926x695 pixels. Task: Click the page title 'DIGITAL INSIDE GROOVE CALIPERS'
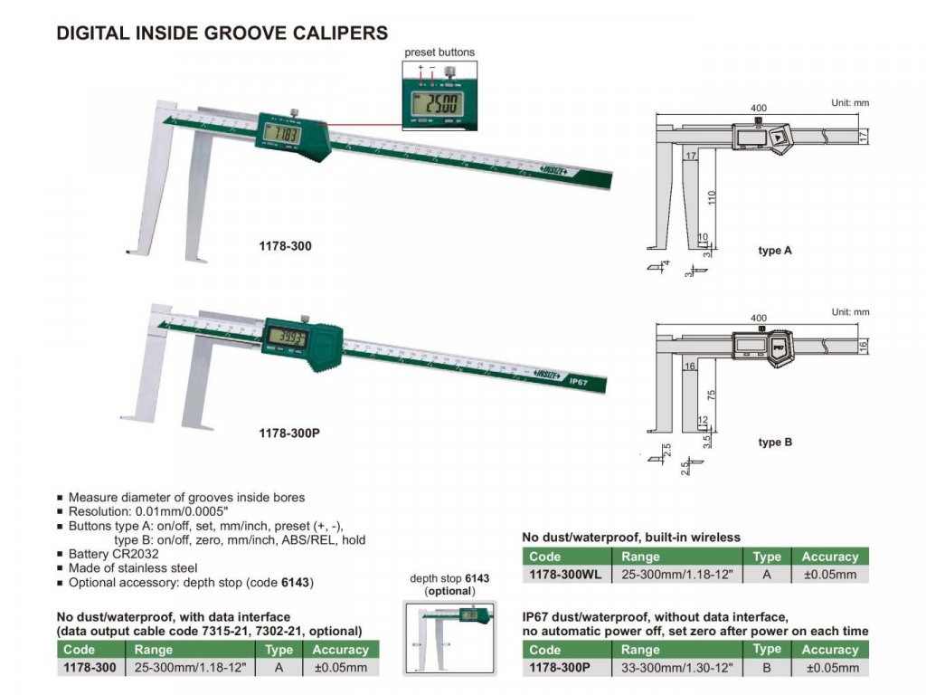(x=222, y=33)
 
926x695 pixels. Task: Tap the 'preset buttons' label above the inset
(x=439, y=52)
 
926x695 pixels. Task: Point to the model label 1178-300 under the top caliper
(x=283, y=245)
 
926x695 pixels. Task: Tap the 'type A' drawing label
(x=775, y=251)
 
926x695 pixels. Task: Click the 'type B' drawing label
(x=775, y=443)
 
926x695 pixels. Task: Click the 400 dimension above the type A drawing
(x=758, y=108)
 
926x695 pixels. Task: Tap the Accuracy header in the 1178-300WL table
(x=829, y=557)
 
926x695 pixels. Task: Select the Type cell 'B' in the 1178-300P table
(x=767, y=668)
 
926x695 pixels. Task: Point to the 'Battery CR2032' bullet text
(x=113, y=553)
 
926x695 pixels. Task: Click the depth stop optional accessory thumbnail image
(x=450, y=638)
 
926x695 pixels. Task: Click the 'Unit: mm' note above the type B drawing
(x=849, y=312)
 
